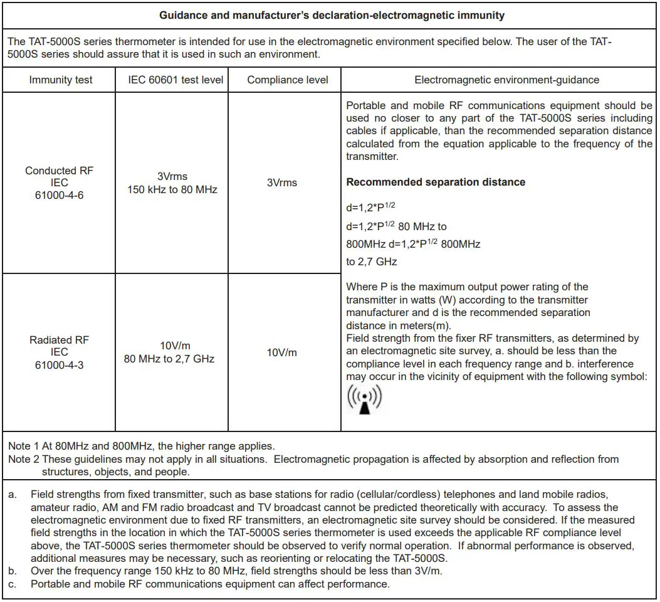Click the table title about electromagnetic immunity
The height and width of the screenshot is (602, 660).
332,16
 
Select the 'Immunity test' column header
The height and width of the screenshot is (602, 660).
61,80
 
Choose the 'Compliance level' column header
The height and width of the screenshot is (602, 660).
288,80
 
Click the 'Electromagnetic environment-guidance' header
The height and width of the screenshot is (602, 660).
506,80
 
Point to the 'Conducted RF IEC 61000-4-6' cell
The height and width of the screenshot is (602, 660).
60,182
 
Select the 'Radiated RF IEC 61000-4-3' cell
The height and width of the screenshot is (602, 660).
60,352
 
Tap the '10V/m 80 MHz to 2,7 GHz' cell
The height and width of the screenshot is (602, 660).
169,352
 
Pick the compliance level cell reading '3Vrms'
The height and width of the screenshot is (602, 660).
282,182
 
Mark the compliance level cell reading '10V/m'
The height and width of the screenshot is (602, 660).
282,352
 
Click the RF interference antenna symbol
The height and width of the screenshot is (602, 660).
364,399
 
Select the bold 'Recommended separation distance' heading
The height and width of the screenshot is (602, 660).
436,182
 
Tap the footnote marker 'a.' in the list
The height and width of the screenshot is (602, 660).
13,495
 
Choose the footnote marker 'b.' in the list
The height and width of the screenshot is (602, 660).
13,571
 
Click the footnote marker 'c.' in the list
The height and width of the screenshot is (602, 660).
13,584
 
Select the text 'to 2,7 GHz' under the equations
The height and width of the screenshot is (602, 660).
372,261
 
